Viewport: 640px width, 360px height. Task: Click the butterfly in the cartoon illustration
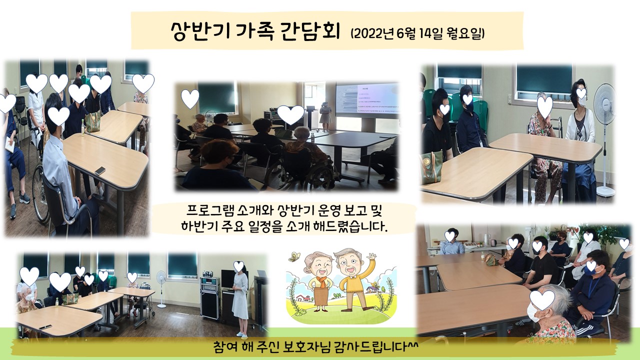tap(294, 257)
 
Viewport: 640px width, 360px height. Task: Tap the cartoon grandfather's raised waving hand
tap(371, 256)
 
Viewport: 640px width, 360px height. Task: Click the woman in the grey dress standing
tap(240, 299)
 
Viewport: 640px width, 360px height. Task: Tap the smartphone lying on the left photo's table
tap(100, 170)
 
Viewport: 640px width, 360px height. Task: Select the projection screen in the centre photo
tap(367, 99)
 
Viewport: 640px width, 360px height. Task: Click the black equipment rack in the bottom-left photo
tap(209, 297)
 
